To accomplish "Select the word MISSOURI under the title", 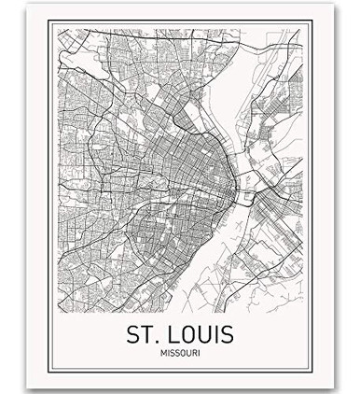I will tap(179, 353).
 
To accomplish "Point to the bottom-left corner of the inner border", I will tap(57, 368).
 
